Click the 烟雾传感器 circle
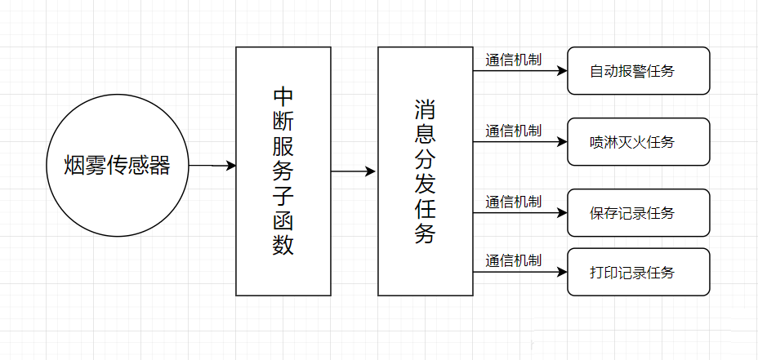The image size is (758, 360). tap(118, 166)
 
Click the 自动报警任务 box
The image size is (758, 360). tap(638, 71)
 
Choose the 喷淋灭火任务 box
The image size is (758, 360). tap(638, 142)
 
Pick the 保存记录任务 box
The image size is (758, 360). tap(638, 213)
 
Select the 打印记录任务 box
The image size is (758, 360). tap(638, 272)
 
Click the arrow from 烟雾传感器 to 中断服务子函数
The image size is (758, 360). tap(212, 166)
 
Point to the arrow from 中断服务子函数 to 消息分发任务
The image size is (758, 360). tap(353, 171)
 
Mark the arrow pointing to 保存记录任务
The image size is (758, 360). tap(519, 213)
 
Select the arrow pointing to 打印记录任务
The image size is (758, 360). tap(519, 272)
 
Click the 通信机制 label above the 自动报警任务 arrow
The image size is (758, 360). tap(513, 60)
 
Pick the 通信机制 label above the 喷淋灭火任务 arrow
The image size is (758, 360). tap(513, 131)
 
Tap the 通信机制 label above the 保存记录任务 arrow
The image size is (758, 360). tap(513, 202)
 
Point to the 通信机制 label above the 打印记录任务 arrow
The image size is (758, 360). tap(513, 260)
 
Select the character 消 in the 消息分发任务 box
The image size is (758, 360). tap(425, 109)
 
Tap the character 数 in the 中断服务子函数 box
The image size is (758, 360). tap(283, 245)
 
